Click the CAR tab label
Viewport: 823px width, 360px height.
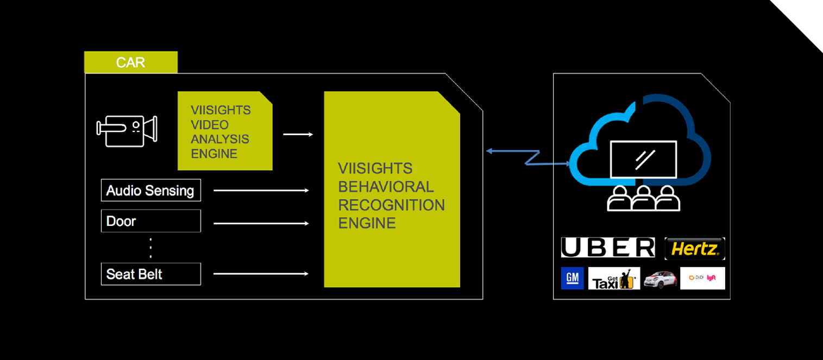pos(130,62)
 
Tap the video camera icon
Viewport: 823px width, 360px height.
pos(127,130)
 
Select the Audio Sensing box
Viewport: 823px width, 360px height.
pos(150,191)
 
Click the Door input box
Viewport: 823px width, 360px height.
pos(150,221)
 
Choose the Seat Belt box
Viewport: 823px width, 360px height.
pos(150,274)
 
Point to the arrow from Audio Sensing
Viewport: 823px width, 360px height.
pos(261,191)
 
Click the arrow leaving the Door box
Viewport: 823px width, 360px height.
pos(261,223)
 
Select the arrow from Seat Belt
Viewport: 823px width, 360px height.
pos(261,274)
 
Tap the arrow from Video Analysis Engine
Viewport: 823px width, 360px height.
pos(298,134)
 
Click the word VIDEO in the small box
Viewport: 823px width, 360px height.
pos(210,125)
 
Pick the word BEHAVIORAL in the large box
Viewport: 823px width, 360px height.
pos(386,187)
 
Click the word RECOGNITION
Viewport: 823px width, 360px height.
pos(391,205)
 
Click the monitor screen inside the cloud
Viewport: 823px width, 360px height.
pos(643,159)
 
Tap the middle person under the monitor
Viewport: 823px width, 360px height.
pos(644,199)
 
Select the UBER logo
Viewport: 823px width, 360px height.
pos(608,248)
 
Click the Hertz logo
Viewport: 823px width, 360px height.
pos(695,249)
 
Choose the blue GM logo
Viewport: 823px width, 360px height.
pos(572,278)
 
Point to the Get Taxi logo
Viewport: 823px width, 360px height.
pos(614,278)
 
